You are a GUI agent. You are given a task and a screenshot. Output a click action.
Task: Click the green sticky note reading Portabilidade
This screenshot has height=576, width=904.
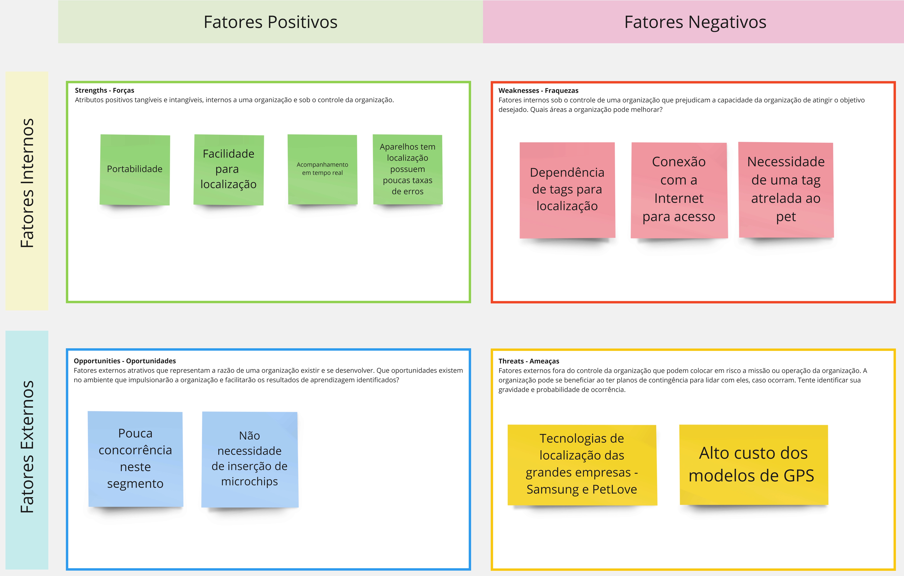(135, 170)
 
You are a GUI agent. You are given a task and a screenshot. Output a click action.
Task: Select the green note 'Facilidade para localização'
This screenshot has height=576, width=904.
(229, 170)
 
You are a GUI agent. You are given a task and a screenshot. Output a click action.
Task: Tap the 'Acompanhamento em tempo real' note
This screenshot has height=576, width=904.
(323, 169)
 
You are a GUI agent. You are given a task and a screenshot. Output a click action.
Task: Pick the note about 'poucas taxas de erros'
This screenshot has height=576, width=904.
(408, 169)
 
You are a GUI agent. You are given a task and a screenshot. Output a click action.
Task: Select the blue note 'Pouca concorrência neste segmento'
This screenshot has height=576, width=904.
(135, 459)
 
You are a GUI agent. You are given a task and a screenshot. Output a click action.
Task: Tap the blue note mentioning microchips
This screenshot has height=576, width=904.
(250, 459)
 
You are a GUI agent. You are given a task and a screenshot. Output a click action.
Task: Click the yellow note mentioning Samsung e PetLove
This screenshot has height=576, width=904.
(582, 465)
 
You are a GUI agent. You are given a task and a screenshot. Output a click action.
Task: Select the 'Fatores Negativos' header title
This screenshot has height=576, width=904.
(695, 22)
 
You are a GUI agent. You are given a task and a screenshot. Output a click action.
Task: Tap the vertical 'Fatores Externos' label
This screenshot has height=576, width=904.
(27, 447)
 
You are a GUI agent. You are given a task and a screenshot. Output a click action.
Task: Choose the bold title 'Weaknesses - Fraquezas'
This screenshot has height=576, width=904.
(538, 90)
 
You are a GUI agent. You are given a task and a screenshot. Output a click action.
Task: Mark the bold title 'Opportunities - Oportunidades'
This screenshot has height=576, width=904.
(125, 361)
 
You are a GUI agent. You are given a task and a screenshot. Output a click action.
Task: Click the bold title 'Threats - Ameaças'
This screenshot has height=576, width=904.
(529, 361)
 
